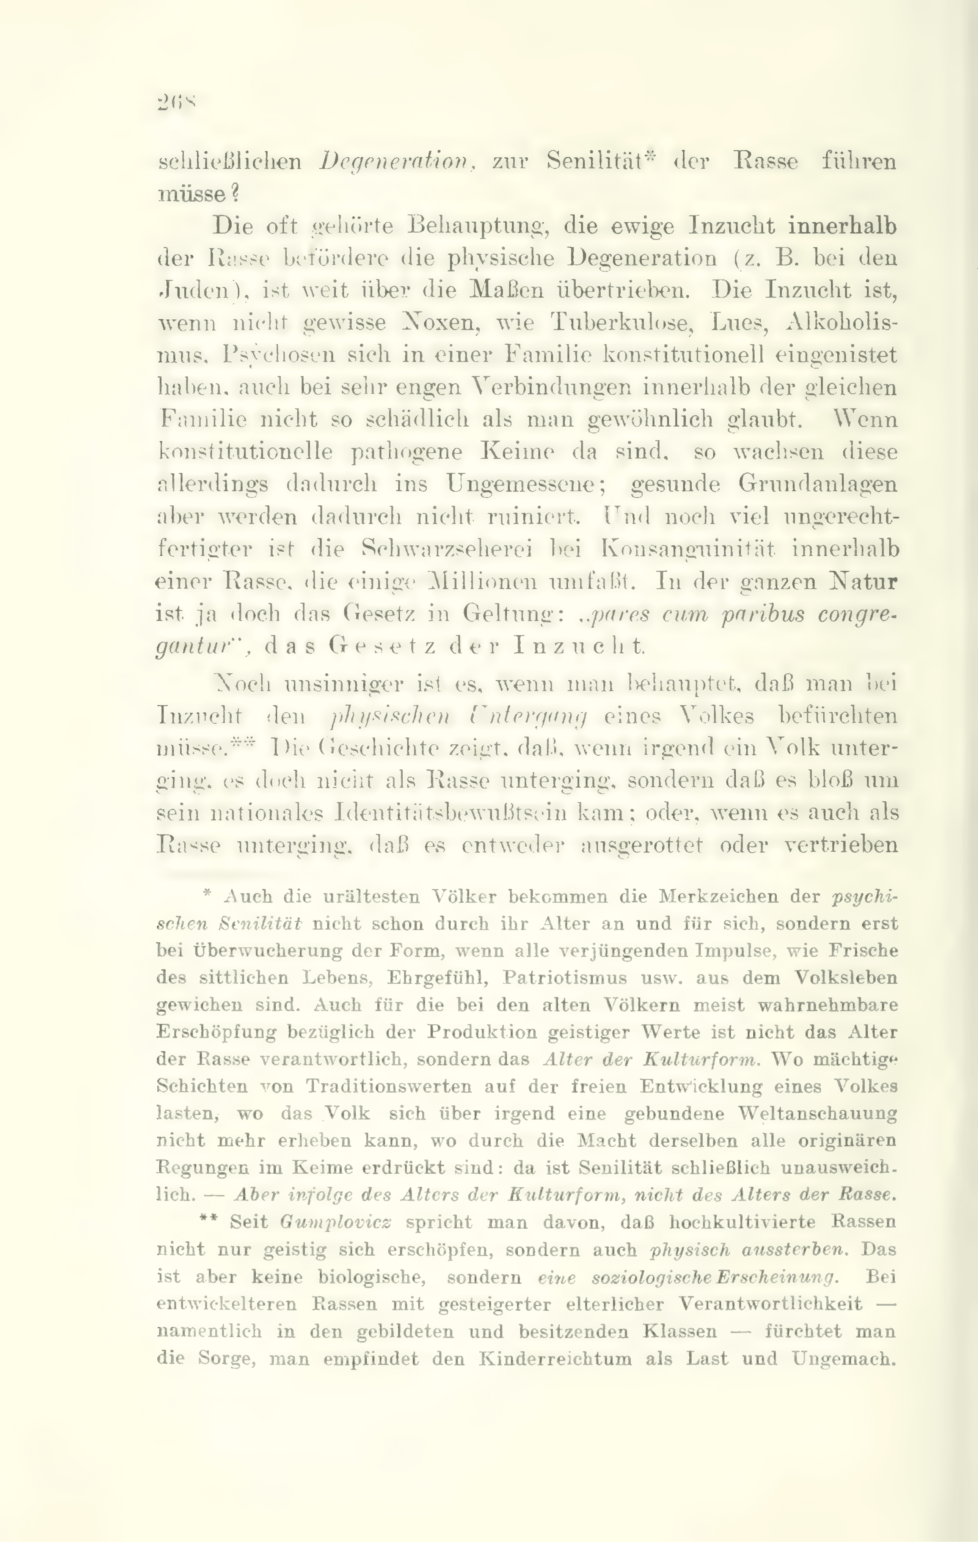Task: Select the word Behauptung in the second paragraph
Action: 475,226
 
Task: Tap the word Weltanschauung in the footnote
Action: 817,1113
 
